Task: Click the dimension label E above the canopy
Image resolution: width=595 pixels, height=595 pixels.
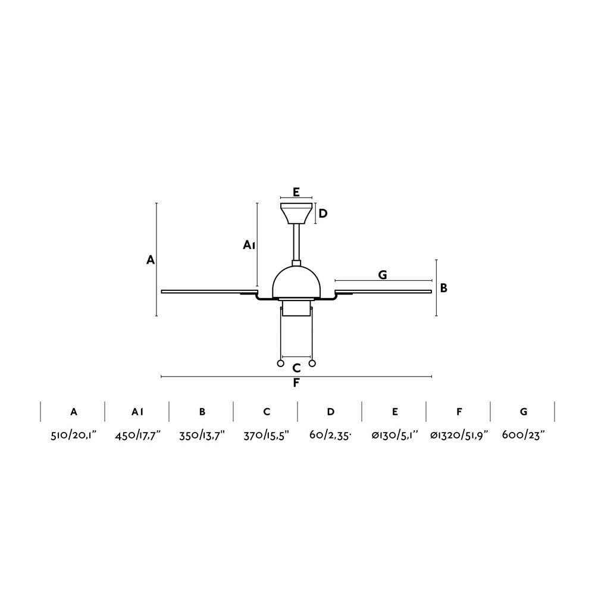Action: pyautogui.click(x=296, y=192)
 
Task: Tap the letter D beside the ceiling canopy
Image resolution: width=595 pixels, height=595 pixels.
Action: pyautogui.click(x=323, y=214)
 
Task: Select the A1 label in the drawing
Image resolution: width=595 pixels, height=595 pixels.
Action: pyautogui.click(x=249, y=245)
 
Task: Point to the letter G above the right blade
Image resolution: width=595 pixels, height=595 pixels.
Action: pyautogui.click(x=383, y=275)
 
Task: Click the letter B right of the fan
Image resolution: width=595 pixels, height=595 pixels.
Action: pyautogui.click(x=444, y=288)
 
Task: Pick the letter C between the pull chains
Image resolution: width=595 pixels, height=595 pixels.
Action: pyautogui.click(x=296, y=368)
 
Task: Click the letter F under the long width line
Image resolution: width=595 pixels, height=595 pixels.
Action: pyautogui.click(x=296, y=383)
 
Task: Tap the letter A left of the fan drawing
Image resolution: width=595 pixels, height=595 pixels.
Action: pyautogui.click(x=151, y=260)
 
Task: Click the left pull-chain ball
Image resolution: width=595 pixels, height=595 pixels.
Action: pyautogui.click(x=280, y=364)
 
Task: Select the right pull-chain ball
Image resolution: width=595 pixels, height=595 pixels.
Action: pyautogui.click(x=312, y=364)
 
